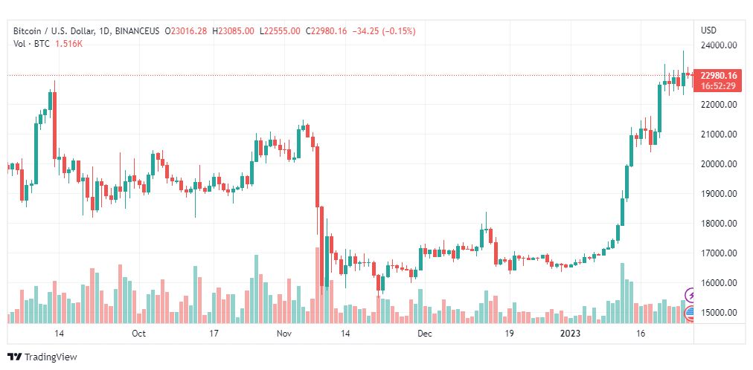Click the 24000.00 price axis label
coord(719,45)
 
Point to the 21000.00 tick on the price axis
coord(719,134)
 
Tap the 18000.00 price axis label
coord(719,224)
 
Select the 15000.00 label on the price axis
coord(719,313)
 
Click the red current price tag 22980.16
coord(719,76)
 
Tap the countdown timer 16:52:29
coord(719,86)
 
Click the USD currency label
coord(708,30)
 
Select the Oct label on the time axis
coord(138,334)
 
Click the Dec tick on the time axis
coord(425,334)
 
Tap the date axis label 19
coord(510,334)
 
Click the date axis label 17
coord(214,334)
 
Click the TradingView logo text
coord(50,357)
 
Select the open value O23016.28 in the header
coord(188,31)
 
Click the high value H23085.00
coord(234,31)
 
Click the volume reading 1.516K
coord(68,44)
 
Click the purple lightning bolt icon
coord(690,295)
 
